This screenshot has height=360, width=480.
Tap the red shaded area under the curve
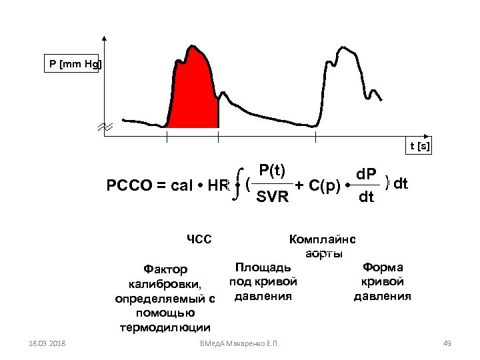click(193, 93)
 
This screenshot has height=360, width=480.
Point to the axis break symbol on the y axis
click(105, 127)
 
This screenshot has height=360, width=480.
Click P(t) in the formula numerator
click(273, 171)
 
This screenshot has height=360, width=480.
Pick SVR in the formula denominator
click(273, 197)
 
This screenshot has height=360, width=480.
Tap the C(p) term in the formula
click(325, 185)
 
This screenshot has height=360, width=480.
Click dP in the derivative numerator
click(366, 175)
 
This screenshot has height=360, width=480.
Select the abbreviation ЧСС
click(199, 239)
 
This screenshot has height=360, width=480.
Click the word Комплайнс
click(323, 239)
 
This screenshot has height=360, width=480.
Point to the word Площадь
click(263, 267)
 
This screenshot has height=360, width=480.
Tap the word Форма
click(383, 267)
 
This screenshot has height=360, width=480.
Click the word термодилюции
click(165, 327)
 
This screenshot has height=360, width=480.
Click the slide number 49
click(447, 343)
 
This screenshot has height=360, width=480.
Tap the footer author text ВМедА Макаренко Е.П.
click(239, 343)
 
